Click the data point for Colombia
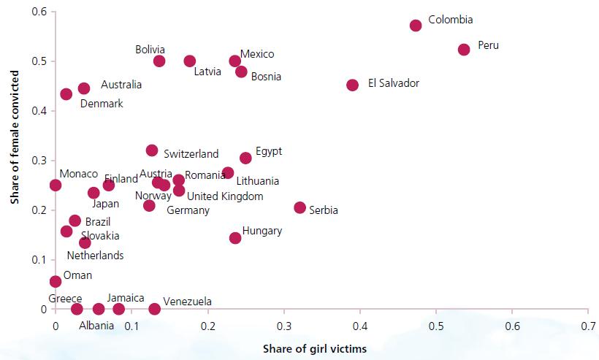coord(416,26)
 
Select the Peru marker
coord(464,50)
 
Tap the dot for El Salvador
coord(352,85)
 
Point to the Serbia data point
coord(299,207)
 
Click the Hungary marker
coord(235,237)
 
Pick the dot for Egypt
coord(245,158)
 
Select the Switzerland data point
coord(152,150)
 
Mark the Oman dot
coord(56,281)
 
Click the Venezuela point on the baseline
coord(154,309)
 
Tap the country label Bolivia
coord(150,50)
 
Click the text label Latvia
coord(208,72)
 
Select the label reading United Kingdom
coord(225,196)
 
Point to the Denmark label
coord(102,104)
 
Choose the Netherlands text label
coord(95,256)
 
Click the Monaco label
coord(79,174)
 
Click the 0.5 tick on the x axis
coord(435,325)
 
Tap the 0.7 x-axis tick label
coord(588,325)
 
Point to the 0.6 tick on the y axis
coord(39,12)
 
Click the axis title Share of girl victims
coord(315,349)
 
